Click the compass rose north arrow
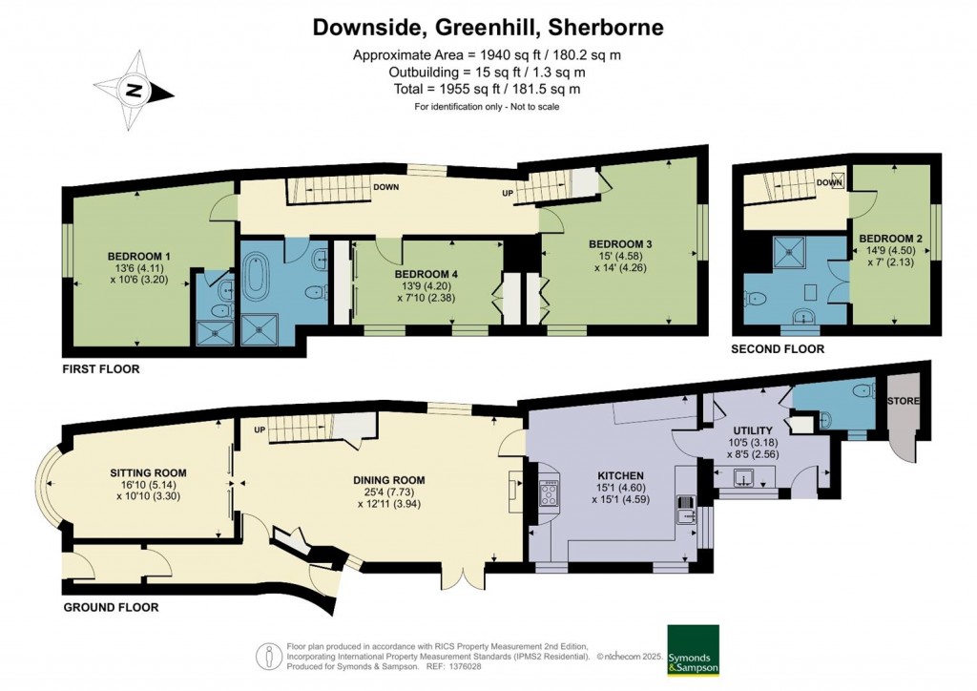[x=135, y=93]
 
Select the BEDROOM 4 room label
[x=426, y=275]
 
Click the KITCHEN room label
[x=621, y=475]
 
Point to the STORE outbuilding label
[x=904, y=401]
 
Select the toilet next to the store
[x=862, y=390]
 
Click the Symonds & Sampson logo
[x=694, y=652]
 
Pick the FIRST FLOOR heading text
[x=100, y=368]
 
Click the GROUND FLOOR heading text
[x=111, y=607]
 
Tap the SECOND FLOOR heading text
[x=777, y=349]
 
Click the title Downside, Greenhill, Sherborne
[x=488, y=28]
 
